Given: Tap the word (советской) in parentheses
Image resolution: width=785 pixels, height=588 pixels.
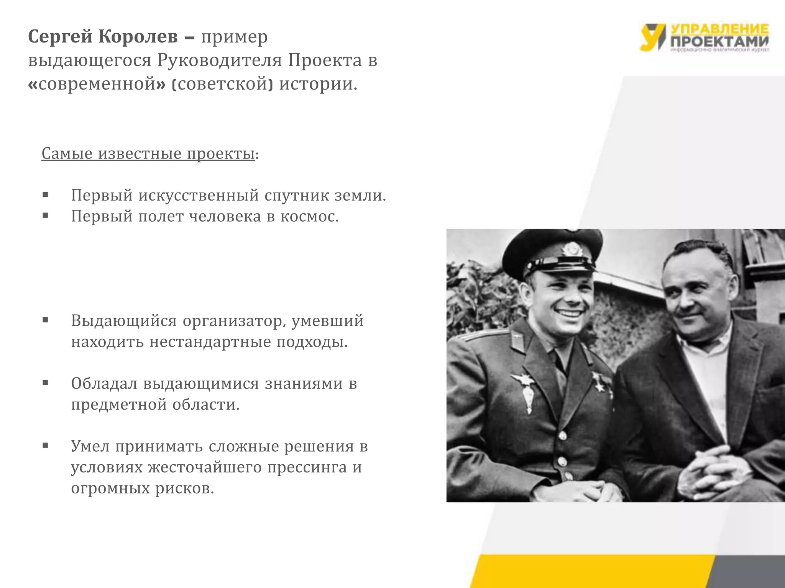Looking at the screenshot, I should (x=223, y=84).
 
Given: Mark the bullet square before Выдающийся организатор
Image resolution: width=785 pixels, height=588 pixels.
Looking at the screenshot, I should (x=46, y=320).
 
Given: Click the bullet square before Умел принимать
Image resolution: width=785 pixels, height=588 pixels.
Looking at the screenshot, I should (x=46, y=446).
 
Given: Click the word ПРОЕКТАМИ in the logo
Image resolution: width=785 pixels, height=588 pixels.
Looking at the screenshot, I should (x=719, y=42).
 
